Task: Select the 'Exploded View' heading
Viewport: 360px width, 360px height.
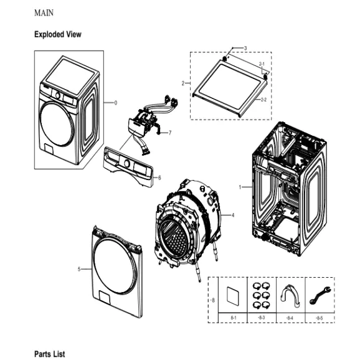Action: click(57, 34)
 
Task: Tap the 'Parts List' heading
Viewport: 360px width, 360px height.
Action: click(49, 353)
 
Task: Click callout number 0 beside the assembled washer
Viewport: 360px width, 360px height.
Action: click(115, 103)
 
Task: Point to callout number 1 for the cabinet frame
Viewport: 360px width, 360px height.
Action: click(240, 187)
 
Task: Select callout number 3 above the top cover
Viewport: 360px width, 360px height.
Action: click(245, 49)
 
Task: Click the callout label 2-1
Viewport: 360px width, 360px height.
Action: click(262, 64)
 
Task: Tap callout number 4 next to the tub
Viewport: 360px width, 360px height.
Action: click(232, 216)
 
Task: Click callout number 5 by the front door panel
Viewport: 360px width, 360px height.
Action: click(79, 269)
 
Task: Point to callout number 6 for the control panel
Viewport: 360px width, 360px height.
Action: click(159, 178)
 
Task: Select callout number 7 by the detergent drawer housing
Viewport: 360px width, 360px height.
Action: click(169, 133)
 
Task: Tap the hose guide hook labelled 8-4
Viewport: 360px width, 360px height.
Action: click(290, 296)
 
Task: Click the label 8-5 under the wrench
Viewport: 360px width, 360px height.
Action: click(319, 318)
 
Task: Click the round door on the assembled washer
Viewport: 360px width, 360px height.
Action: click(57, 125)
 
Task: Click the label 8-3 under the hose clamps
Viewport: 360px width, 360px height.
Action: click(261, 318)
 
